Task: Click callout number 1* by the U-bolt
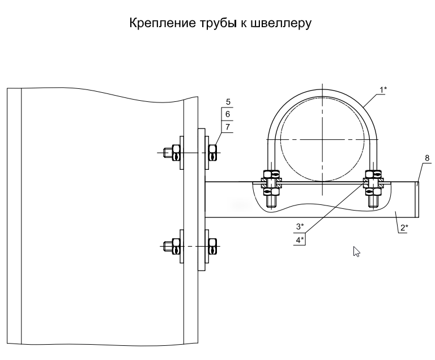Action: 383,89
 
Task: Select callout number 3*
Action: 300,227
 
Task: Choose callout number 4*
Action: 300,240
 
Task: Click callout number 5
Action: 227,102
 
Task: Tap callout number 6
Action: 227,115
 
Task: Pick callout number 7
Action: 227,127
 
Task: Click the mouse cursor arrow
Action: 356,251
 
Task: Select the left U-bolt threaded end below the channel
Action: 271,201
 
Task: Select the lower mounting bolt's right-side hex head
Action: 213,246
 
